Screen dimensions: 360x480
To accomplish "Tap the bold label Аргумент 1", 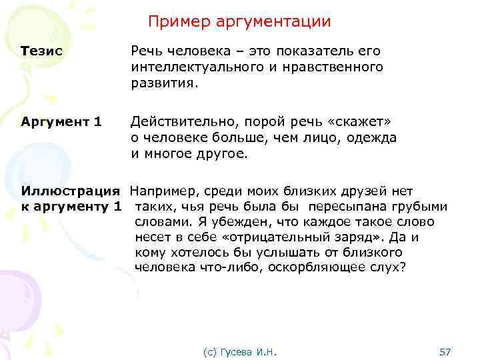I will (61, 121).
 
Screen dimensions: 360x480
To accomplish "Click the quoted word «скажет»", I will (357, 121).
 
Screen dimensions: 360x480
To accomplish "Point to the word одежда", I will (373, 138).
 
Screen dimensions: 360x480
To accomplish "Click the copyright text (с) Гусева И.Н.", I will (240, 351).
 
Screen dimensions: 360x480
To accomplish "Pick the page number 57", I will (446, 351).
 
